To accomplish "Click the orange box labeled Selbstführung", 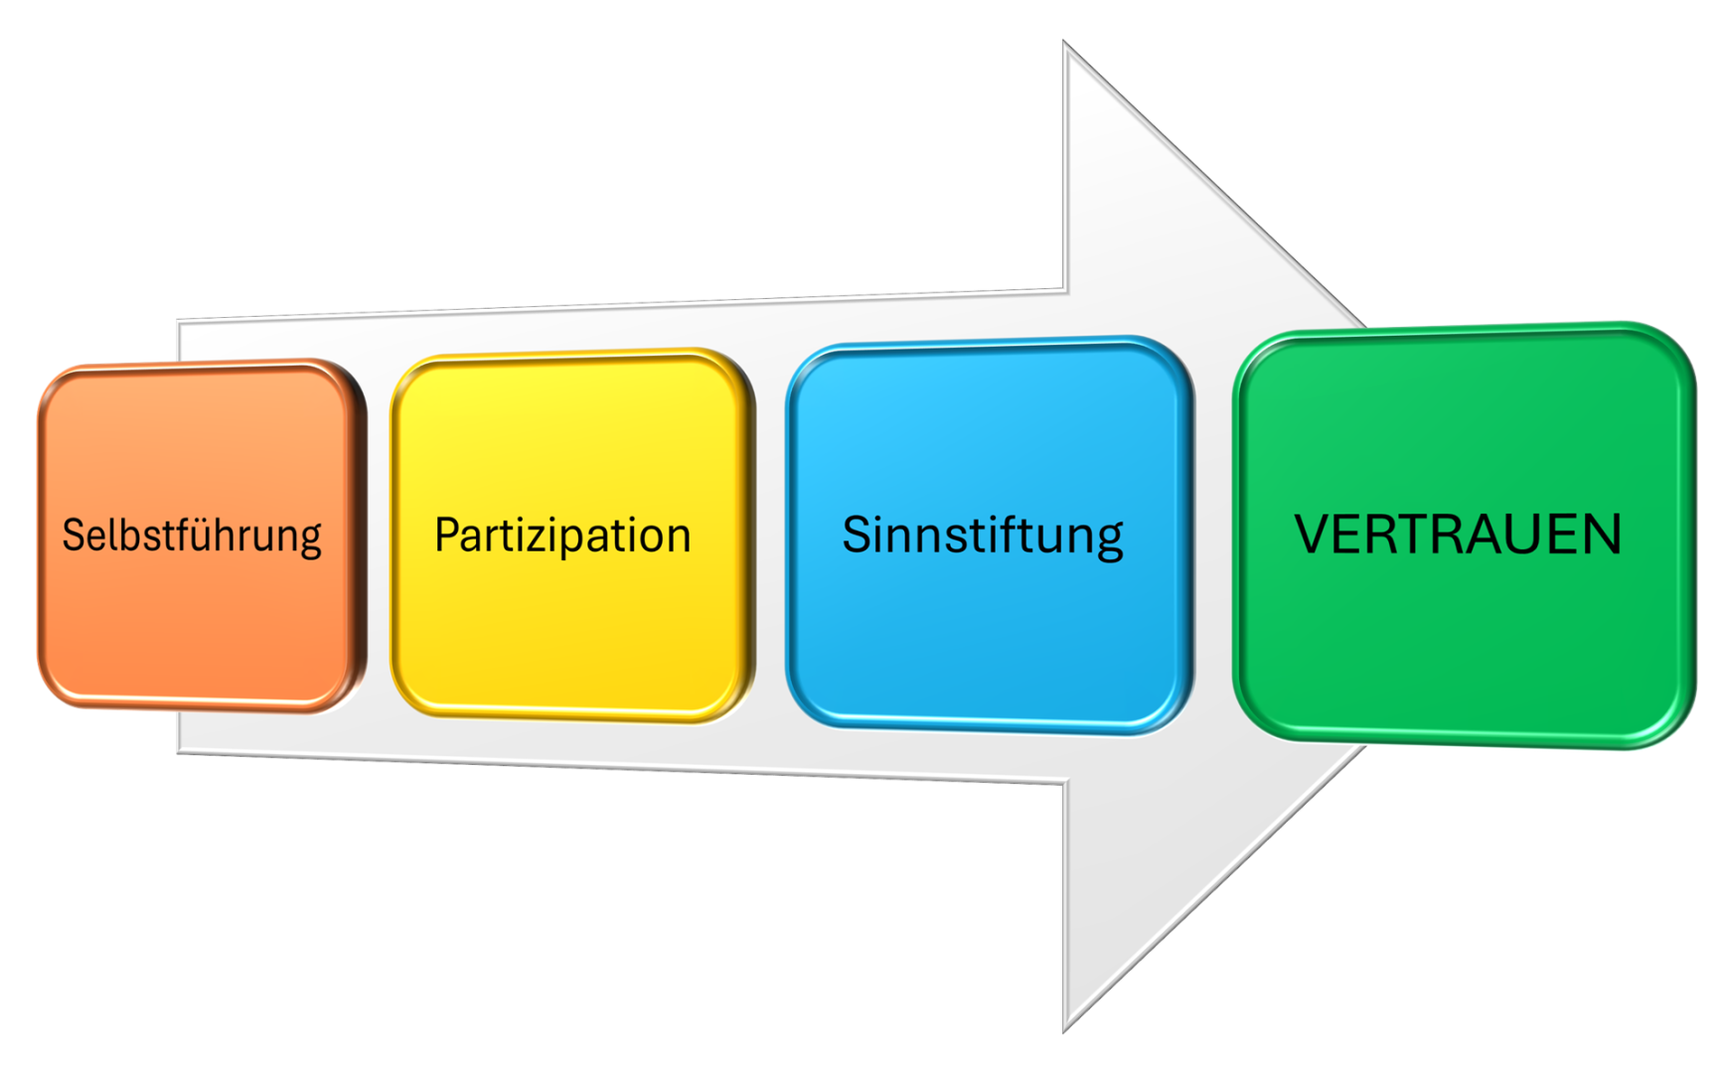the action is (202, 536).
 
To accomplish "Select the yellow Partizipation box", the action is (572, 536).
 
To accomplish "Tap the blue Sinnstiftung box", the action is (990, 536).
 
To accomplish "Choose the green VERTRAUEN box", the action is (1464, 536).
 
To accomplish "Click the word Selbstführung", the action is (192, 536).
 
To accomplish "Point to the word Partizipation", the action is (562, 536).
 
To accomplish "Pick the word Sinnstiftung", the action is (983, 536).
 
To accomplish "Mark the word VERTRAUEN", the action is (1458, 535).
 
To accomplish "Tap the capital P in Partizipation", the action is (449, 535).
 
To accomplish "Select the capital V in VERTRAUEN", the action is (1314, 535).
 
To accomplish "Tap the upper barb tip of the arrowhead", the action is (1064, 43).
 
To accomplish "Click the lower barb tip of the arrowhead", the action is (1064, 1030).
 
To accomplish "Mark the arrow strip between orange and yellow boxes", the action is (379, 536).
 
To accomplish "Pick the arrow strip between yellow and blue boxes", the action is (771, 536).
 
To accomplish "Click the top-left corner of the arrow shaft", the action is (179, 321).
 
